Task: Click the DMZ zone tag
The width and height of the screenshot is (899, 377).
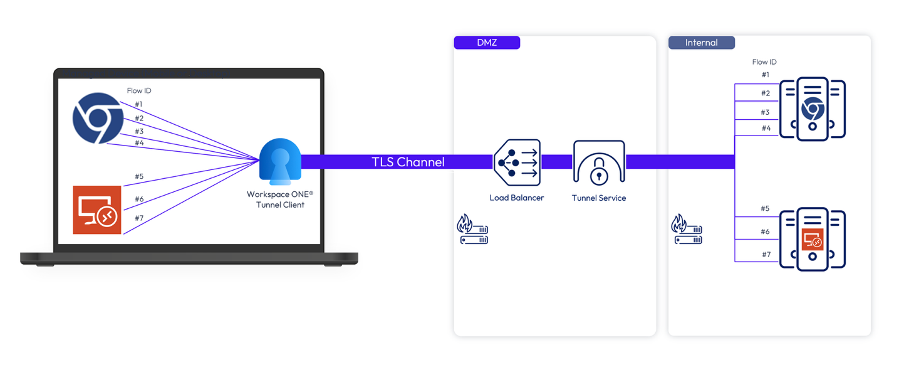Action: [x=487, y=43]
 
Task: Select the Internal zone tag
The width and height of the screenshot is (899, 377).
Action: [x=701, y=43]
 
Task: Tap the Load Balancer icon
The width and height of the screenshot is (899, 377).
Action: [x=517, y=162]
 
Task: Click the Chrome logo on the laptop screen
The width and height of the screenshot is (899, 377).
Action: [x=98, y=118]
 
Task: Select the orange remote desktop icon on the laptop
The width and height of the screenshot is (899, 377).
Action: [x=96, y=210]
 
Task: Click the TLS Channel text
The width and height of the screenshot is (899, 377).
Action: [x=408, y=162]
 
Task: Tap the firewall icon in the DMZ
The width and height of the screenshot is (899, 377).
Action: [x=472, y=229]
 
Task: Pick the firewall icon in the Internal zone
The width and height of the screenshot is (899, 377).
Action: [x=687, y=229]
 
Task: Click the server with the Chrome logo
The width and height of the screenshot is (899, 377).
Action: [x=813, y=109]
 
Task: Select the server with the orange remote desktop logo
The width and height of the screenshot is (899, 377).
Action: [x=813, y=239]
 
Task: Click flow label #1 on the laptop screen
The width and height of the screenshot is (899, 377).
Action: [x=138, y=104]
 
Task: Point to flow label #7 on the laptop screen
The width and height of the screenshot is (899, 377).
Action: [x=139, y=218]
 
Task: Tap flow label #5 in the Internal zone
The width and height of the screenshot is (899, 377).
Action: [x=765, y=209]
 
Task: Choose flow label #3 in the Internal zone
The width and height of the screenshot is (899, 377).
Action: [x=765, y=112]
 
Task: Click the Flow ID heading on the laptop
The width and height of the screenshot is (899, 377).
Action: [x=139, y=91]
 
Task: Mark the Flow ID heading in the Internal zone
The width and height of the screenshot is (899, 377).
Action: [x=764, y=62]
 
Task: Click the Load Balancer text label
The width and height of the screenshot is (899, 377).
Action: [x=516, y=198]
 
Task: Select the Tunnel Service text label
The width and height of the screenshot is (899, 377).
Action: [x=599, y=198]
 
